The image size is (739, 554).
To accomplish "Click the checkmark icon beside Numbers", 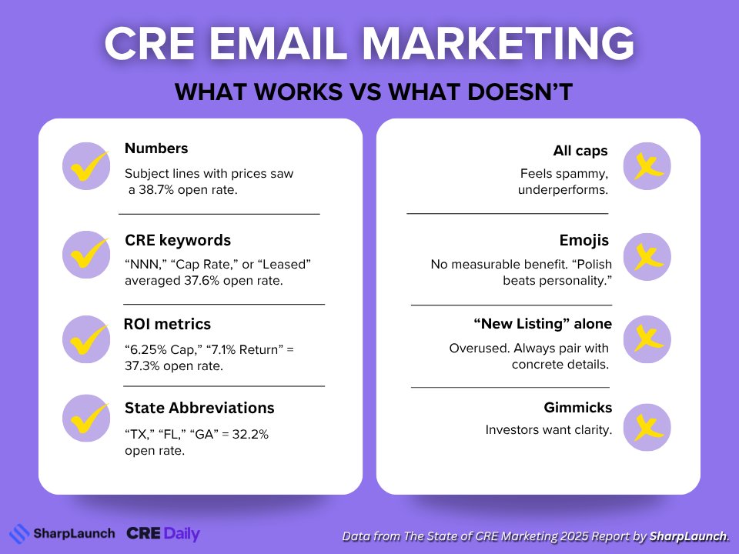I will pos(85,165).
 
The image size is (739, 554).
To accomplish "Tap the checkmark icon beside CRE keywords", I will pos(85,254).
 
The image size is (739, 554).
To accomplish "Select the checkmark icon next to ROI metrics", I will pos(85,339).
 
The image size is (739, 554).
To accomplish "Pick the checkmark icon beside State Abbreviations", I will pos(85,419).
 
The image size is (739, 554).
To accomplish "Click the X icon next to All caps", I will pos(647,166).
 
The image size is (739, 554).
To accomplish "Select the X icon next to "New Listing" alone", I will pos(647,339).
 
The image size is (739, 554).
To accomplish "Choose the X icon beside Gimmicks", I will pos(647,427).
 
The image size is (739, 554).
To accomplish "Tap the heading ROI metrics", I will pos(168,324).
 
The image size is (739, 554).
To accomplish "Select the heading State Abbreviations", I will pos(199,408).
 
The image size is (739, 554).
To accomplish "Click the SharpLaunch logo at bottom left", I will pos(62,533).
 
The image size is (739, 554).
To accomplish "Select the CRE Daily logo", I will pos(163,533).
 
